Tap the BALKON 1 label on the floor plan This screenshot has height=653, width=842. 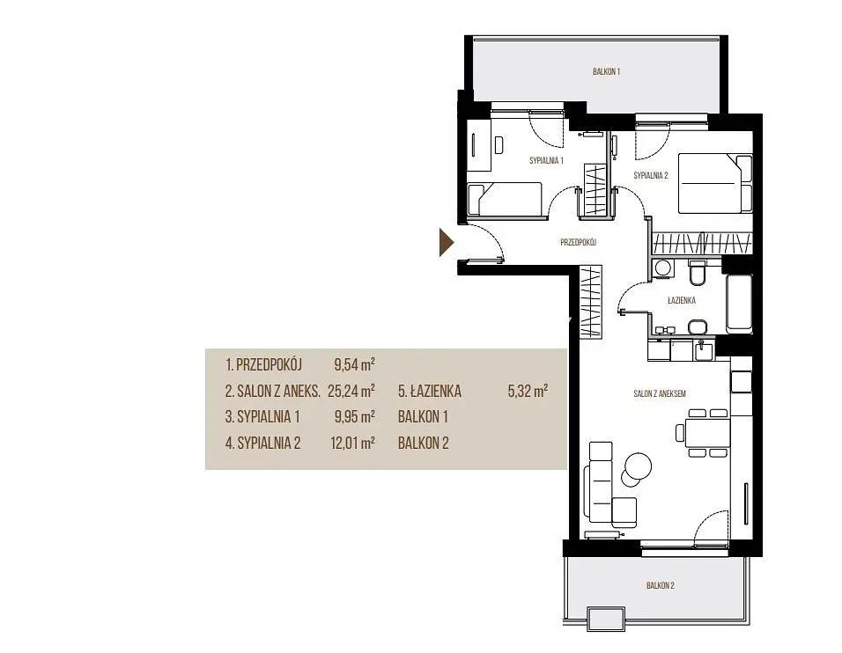606,71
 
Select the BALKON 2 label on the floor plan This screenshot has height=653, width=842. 660,585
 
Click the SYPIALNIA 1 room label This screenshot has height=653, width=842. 546,160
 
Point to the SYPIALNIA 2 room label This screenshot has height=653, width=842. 651,175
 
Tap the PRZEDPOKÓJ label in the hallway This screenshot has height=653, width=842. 579,243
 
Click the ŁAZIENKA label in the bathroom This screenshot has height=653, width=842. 682,300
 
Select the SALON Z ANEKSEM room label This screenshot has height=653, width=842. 660,393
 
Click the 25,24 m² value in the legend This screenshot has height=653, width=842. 351,391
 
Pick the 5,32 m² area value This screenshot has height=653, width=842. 528,391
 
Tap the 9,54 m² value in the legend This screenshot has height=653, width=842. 354,365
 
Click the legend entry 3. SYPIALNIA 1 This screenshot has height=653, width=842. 262,416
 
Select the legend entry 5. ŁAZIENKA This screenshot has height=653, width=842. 430,391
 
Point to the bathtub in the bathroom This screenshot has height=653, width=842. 740,304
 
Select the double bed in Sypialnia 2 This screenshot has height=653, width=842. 715,184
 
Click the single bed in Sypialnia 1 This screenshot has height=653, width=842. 505,200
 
